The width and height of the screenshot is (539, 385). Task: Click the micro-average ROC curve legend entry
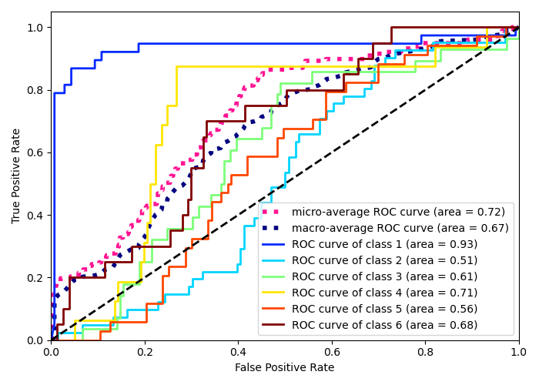click(400, 212)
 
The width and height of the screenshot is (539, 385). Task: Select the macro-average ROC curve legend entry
click(400, 228)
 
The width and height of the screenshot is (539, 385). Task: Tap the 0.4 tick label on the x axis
click(238, 352)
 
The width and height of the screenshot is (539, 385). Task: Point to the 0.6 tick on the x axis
click(332, 352)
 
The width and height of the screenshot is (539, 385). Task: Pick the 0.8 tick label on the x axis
click(425, 352)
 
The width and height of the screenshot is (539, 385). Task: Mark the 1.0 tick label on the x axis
click(519, 352)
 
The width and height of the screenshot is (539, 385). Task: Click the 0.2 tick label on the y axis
click(35, 278)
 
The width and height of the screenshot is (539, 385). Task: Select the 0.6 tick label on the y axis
click(35, 152)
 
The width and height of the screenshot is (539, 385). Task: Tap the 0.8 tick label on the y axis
click(35, 90)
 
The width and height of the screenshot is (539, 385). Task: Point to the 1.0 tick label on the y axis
click(35, 28)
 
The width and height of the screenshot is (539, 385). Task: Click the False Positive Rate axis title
click(285, 368)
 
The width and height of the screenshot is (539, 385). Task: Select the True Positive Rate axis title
click(16, 176)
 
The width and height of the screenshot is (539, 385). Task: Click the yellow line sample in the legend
click(273, 293)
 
